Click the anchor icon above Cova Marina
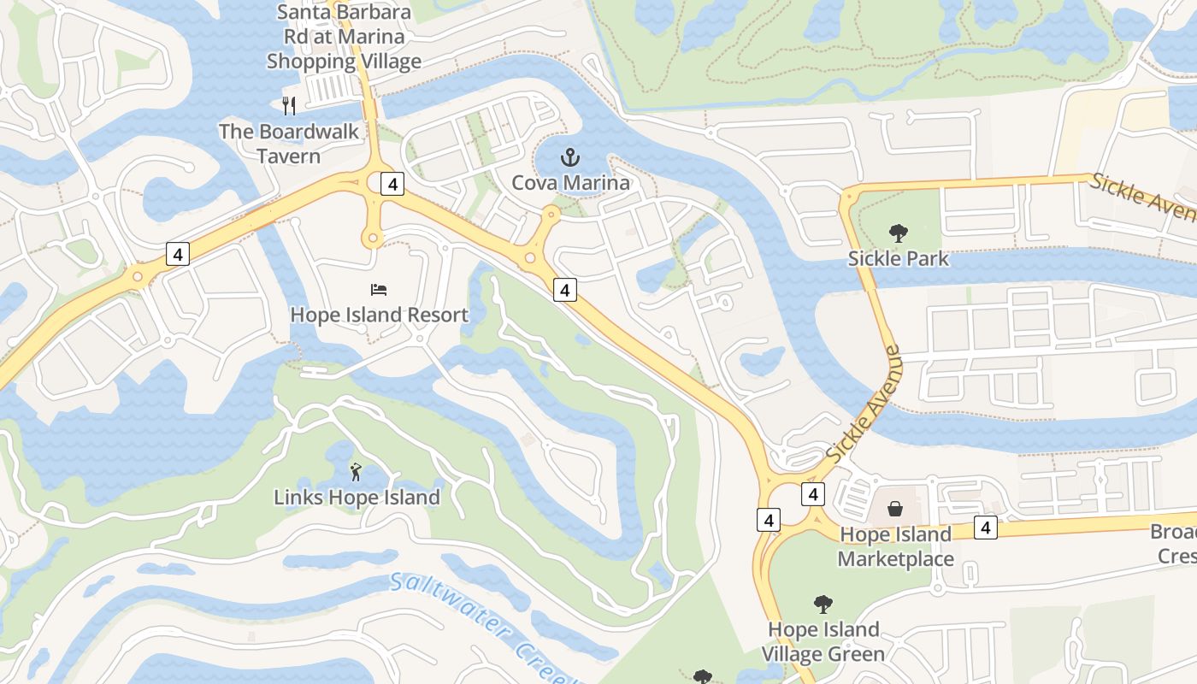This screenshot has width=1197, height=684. coord(569,157)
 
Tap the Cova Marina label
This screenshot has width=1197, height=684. coord(570,183)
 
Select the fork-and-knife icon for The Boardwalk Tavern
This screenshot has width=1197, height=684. coord(289,106)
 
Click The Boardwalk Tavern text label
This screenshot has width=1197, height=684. coord(288,144)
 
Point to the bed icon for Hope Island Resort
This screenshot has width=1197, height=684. coord(379,291)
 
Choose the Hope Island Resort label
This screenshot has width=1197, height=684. coord(379,315)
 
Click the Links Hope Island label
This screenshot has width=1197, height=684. coord(357,497)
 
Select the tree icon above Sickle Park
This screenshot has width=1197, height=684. coord(898,232)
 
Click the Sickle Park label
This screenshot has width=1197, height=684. coord(898,258)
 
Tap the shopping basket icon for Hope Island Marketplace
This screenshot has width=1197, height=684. coord(895,510)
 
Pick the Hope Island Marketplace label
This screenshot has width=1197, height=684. coord(895,546)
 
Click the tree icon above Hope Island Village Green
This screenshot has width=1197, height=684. coord(823,604)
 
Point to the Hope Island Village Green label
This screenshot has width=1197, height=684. coord(823,641)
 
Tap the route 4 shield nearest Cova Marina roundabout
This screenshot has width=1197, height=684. coord(564,290)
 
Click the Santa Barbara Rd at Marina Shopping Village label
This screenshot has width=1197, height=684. coord(344,37)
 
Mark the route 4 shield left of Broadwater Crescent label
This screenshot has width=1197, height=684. coord(986,528)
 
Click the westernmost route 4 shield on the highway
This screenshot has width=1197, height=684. coord(177,254)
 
